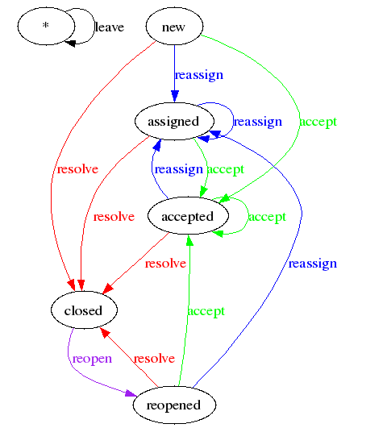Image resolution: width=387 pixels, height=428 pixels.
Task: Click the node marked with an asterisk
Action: click(45, 27)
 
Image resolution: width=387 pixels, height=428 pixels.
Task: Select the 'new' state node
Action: click(173, 27)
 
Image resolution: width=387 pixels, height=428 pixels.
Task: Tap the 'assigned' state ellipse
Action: click(173, 122)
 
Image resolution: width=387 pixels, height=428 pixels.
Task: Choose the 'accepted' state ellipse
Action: click(187, 216)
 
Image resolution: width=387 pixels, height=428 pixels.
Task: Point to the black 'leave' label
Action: click(110, 27)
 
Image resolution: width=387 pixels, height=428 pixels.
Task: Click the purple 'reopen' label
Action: click(92, 358)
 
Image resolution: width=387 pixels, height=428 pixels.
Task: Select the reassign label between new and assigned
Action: click(199, 75)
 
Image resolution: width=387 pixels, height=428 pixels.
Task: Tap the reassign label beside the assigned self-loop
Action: click(257, 122)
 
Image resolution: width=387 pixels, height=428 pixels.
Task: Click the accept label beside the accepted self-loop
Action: click(267, 216)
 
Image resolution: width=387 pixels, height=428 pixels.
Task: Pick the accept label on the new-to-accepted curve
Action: click(318, 122)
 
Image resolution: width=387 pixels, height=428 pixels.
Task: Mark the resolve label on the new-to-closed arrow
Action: click(77, 169)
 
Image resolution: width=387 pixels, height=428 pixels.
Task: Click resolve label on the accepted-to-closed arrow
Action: click(165, 264)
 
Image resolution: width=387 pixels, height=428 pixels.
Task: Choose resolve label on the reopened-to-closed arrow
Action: click(154, 358)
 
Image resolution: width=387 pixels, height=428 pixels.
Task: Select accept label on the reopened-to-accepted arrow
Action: click(206, 311)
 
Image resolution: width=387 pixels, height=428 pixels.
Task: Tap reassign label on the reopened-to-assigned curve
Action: click(313, 264)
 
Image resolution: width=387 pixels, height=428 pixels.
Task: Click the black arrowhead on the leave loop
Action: click(70, 41)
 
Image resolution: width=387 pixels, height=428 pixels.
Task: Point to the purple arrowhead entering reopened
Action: click(131, 394)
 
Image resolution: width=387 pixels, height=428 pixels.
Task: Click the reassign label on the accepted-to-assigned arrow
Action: click(178, 169)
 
